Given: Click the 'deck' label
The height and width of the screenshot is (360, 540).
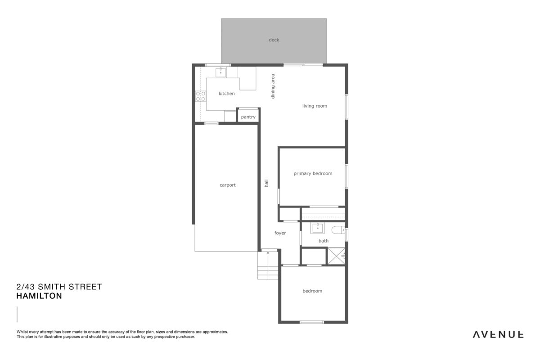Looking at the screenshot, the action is [274, 40].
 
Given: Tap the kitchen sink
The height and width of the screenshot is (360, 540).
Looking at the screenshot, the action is [220, 72].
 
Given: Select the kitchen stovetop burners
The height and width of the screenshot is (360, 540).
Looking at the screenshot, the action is [201, 96].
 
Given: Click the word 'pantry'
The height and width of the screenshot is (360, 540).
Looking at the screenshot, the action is [248, 117].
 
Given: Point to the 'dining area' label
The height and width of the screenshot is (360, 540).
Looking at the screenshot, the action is [273, 86].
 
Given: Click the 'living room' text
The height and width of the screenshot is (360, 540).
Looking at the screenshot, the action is [315, 106].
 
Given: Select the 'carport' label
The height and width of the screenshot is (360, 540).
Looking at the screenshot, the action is [228, 185].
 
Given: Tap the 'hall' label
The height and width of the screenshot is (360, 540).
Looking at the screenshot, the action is [266, 183].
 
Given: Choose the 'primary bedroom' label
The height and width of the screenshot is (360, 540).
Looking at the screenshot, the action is [313, 174].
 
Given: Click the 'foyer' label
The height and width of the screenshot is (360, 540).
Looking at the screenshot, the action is [280, 233].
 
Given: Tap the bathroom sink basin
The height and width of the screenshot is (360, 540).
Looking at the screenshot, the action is [317, 228].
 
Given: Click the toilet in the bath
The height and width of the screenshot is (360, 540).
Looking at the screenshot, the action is [338, 230].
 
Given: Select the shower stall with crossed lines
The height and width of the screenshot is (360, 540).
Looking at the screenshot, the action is [336, 256].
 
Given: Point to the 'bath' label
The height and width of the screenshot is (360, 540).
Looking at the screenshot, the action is [323, 241].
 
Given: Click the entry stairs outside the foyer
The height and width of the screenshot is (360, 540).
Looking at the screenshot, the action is [268, 265].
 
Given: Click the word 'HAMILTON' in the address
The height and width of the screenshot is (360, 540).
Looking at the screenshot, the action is [39, 296].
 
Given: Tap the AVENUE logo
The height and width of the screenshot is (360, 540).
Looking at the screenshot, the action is [498, 335].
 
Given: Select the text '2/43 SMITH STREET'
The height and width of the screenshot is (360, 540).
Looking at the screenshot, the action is [59, 287].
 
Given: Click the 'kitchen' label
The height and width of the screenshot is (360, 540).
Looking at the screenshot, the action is [227, 94].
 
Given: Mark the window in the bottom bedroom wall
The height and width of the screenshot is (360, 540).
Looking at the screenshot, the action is [312, 322].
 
